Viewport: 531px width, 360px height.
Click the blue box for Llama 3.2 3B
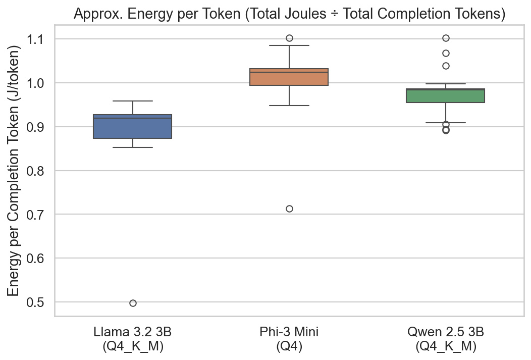click(x=133, y=127)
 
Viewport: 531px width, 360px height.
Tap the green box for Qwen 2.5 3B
click(x=446, y=96)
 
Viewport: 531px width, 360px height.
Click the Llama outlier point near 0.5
click(x=133, y=303)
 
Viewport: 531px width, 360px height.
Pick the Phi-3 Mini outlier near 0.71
click(x=289, y=209)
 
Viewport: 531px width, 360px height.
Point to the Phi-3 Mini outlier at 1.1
click(x=289, y=38)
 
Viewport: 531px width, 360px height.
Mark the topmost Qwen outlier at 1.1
click(x=446, y=38)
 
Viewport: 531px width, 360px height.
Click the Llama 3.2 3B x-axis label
click(x=133, y=340)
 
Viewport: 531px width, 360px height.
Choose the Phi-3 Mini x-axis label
click(x=289, y=340)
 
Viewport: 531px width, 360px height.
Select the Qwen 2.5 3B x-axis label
click(x=446, y=340)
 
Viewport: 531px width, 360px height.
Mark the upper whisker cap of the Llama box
click(x=133, y=101)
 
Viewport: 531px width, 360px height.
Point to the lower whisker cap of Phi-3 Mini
click(x=289, y=106)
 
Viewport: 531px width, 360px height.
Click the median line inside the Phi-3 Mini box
click(x=289, y=72)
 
